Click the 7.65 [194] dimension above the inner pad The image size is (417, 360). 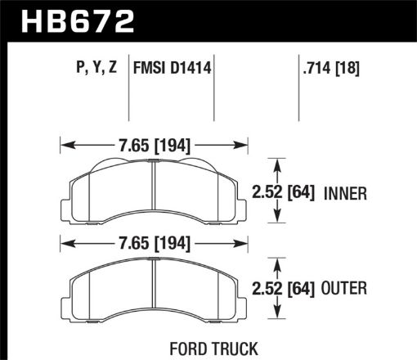[x=155, y=146]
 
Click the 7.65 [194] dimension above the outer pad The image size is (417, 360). [x=155, y=242]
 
